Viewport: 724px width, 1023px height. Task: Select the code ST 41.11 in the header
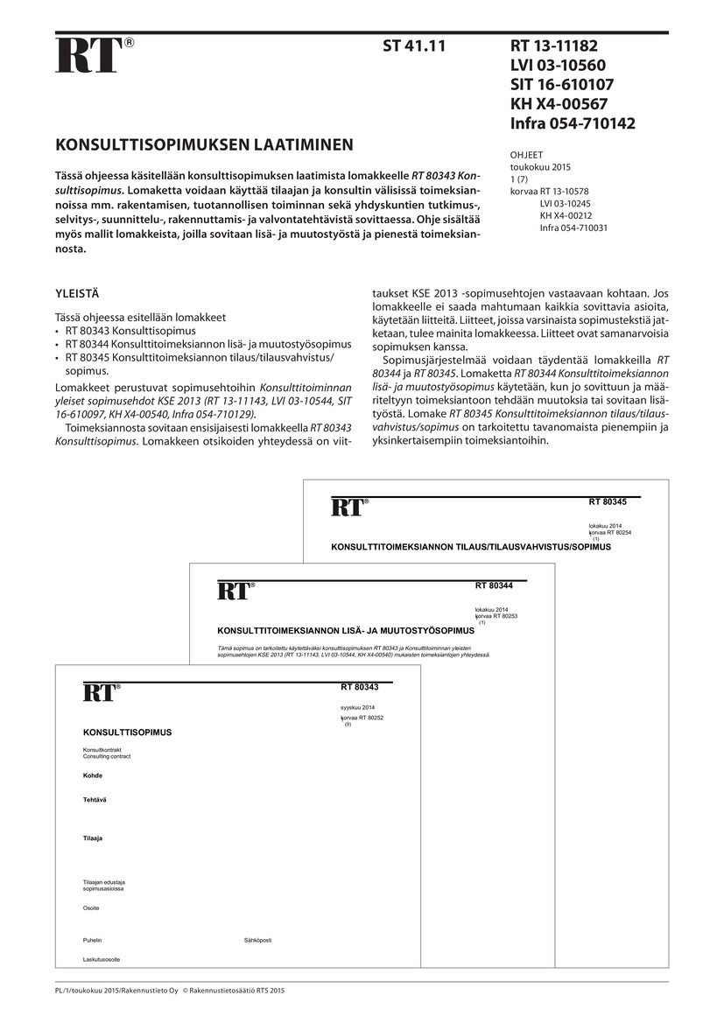[414, 46]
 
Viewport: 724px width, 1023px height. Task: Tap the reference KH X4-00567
[559, 104]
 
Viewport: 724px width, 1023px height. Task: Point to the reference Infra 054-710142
[573, 123]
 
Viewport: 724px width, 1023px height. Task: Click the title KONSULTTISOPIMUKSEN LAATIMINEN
[205, 144]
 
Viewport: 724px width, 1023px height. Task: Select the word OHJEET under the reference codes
[526, 155]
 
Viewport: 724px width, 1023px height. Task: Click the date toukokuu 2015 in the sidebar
[540, 166]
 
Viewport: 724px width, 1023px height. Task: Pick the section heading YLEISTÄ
[79, 295]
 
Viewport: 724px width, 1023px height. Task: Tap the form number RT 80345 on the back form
[607, 502]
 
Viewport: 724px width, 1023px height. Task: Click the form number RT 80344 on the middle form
[494, 585]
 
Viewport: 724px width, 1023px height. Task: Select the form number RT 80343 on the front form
[359, 687]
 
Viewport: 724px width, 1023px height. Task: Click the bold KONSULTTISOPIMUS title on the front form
[127, 732]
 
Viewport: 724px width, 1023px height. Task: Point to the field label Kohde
[93, 775]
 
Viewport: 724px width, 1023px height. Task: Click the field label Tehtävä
[95, 800]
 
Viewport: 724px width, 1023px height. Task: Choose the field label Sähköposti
[257, 940]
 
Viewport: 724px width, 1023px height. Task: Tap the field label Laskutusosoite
[102, 960]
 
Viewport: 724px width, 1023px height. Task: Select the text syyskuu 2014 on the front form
[357, 706]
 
